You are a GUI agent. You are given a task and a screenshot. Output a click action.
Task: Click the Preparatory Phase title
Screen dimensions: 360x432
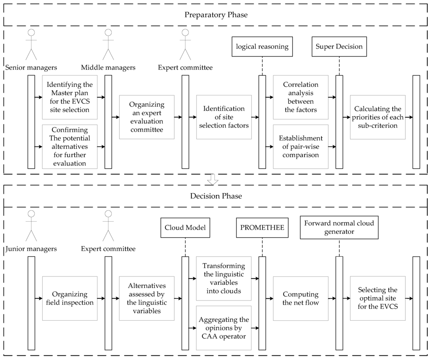point(216,15)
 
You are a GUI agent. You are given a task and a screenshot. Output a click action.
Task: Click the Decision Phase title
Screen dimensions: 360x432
point(216,196)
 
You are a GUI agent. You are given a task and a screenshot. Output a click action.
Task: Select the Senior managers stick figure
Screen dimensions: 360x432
point(31,45)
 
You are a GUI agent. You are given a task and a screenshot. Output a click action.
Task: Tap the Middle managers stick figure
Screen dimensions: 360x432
point(108,45)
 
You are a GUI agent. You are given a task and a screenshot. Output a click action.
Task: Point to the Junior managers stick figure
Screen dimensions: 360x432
point(31,226)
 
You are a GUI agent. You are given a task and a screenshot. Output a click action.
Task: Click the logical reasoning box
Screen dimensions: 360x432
point(262,47)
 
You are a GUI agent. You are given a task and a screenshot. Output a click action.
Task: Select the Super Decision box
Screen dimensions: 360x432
point(339,47)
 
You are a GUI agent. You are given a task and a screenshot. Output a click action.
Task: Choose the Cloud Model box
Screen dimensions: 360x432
point(185,228)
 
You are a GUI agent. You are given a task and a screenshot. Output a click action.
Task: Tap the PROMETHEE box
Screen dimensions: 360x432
point(262,228)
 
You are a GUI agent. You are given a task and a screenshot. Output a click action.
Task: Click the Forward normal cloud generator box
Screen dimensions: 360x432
point(339,228)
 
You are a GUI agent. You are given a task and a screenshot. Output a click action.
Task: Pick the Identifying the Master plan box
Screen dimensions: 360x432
point(70,97)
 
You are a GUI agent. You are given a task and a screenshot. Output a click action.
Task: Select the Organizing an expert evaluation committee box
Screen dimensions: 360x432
point(147,117)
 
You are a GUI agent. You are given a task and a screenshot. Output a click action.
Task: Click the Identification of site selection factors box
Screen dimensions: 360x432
point(224,117)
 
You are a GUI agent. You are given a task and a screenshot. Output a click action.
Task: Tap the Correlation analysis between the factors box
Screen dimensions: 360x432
point(300,97)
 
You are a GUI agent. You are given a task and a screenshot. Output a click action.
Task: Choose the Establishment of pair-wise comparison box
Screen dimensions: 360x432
point(300,146)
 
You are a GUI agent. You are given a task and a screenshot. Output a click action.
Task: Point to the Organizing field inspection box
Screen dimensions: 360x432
point(70,298)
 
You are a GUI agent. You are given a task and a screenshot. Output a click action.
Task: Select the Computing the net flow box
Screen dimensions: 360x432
point(300,298)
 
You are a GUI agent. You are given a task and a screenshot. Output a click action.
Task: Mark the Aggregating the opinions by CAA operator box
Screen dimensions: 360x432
point(224,328)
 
